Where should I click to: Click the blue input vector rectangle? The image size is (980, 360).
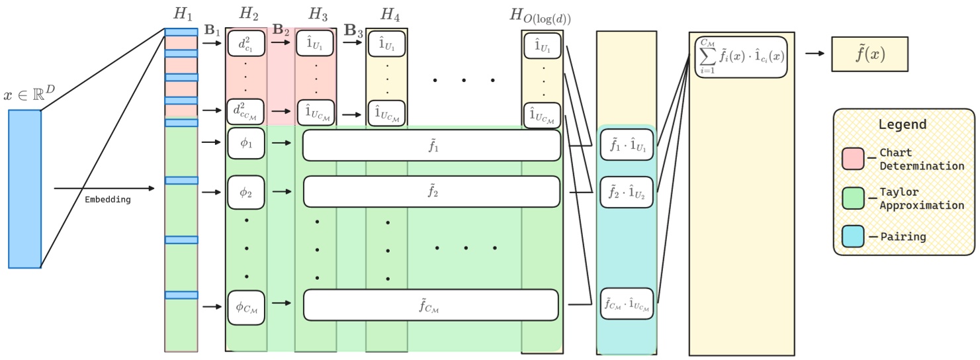pos(24,189)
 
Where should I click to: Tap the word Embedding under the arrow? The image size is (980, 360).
pos(108,199)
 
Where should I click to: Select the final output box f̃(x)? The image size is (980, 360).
pos(869,54)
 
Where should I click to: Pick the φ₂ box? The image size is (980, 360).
pos(246,192)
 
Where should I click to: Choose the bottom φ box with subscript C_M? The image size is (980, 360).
pos(246,306)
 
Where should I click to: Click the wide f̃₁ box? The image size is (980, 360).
pos(431,146)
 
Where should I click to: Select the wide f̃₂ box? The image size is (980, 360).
pos(431,192)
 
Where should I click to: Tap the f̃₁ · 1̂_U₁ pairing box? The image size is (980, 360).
pos(627,146)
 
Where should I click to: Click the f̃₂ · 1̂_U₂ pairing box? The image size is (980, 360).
pos(627,192)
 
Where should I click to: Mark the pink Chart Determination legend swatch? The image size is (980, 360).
pos(852,158)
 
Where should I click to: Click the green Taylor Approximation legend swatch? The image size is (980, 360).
pos(852,198)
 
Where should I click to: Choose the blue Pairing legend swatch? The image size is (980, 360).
pos(852,236)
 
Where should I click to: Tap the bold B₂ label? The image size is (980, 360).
pos(281,30)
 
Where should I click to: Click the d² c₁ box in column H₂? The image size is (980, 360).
pos(246,44)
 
